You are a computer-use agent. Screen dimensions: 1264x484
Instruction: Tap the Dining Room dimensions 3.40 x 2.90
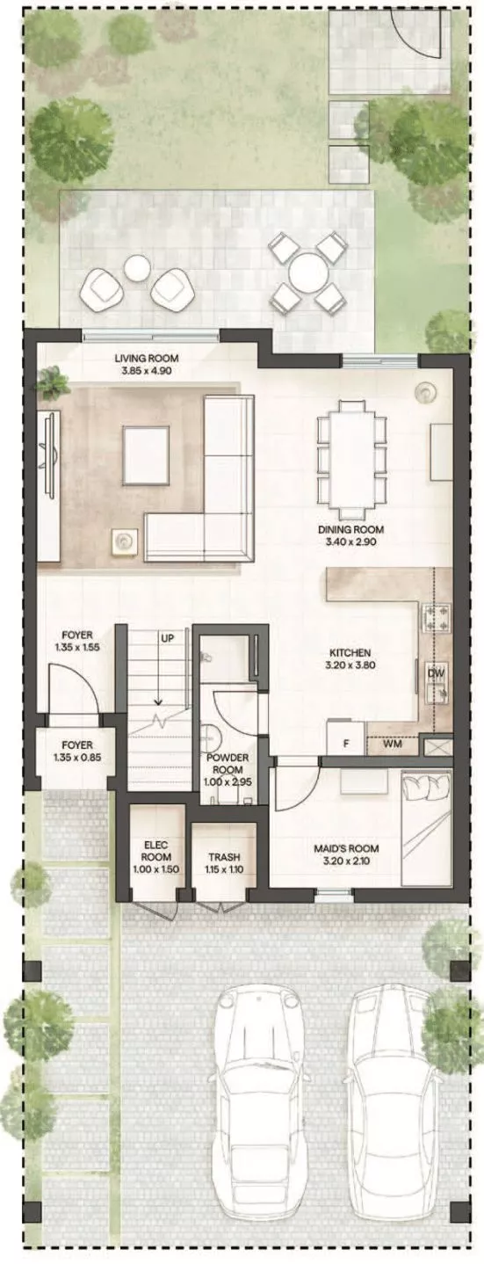(351, 542)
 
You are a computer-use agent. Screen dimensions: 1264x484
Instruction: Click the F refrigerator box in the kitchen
(346, 741)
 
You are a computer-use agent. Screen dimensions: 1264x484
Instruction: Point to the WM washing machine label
(392, 745)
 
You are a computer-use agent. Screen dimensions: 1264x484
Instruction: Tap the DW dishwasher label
(436, 673)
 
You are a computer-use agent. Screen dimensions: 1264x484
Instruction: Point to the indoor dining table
(351, 459)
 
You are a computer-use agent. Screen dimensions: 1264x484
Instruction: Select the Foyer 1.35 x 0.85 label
(73, 750)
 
